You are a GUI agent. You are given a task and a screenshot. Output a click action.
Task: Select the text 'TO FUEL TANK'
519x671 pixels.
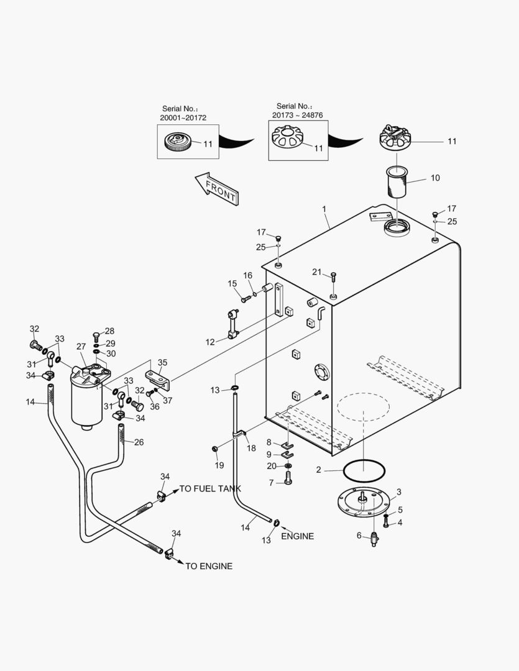click(210, 489)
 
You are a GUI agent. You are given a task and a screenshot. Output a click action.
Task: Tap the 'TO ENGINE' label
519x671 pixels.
click(209, 566)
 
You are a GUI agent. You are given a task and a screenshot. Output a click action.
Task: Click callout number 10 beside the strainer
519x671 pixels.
click(434, 178)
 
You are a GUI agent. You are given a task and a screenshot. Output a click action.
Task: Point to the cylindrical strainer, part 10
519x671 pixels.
click(396, 181)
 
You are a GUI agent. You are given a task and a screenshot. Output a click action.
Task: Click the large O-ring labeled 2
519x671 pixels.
click(364, 470)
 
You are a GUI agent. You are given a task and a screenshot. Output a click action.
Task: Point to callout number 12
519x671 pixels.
click(210, 342)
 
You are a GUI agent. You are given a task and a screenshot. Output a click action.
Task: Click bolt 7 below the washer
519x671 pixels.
click(288, 479)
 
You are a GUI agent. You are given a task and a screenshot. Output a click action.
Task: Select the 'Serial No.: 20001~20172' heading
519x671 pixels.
click(183, 112)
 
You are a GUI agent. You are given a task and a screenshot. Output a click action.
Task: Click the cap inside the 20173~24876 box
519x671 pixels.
click(290, 137)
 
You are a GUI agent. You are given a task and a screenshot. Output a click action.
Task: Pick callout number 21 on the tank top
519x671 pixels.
click(317, 272)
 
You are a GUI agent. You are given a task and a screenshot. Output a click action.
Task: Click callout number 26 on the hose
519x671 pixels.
click(139, 442)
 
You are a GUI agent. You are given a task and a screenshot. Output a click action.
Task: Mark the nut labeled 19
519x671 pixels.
click(214, 449)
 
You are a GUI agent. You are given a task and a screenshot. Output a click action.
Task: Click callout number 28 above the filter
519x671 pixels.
click(109, 331)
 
